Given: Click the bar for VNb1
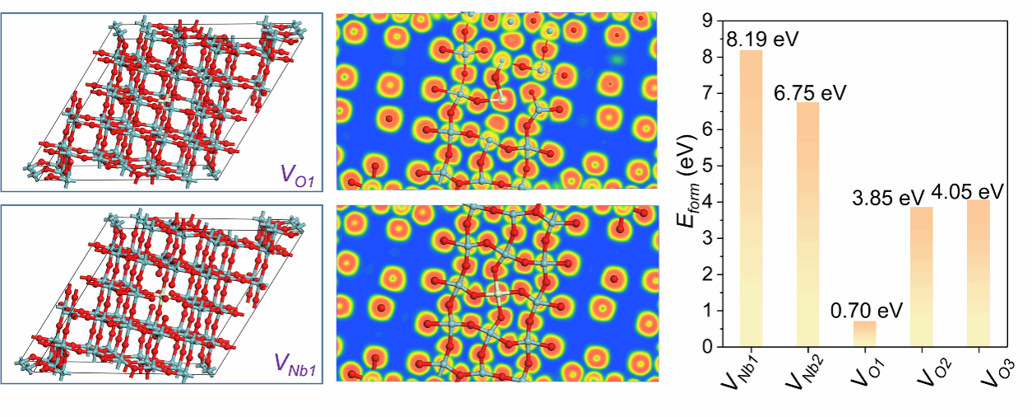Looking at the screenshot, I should tap(751, 198).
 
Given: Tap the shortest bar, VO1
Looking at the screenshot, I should tap(863, 334).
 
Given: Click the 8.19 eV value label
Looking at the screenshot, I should tap(755, 39).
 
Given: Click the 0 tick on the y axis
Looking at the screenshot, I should tap(708, 347).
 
